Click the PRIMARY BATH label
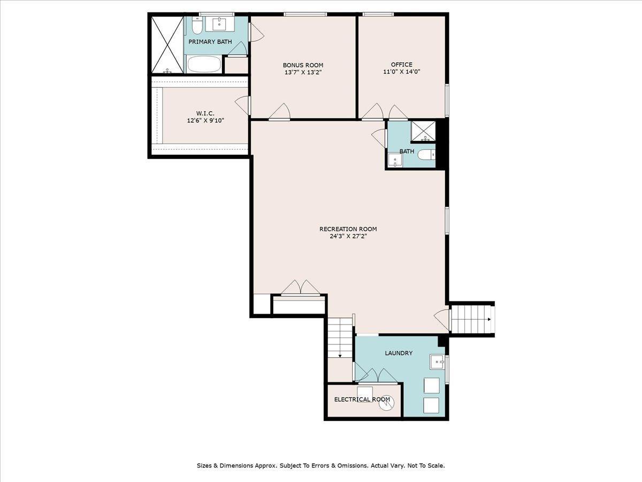(210, 42)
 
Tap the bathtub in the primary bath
(204, 65)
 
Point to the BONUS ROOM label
(303, 65)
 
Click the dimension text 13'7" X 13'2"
(303, 72)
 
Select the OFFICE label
(401, 65)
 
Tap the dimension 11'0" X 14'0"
(401, 72)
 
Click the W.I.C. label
(205, 114)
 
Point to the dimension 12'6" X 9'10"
(205, 120)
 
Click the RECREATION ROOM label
(348, 229)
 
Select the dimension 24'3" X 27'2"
(348, 236)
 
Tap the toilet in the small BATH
(426, 155)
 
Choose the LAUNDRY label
(399, 353)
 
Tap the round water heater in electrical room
(386, 403)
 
